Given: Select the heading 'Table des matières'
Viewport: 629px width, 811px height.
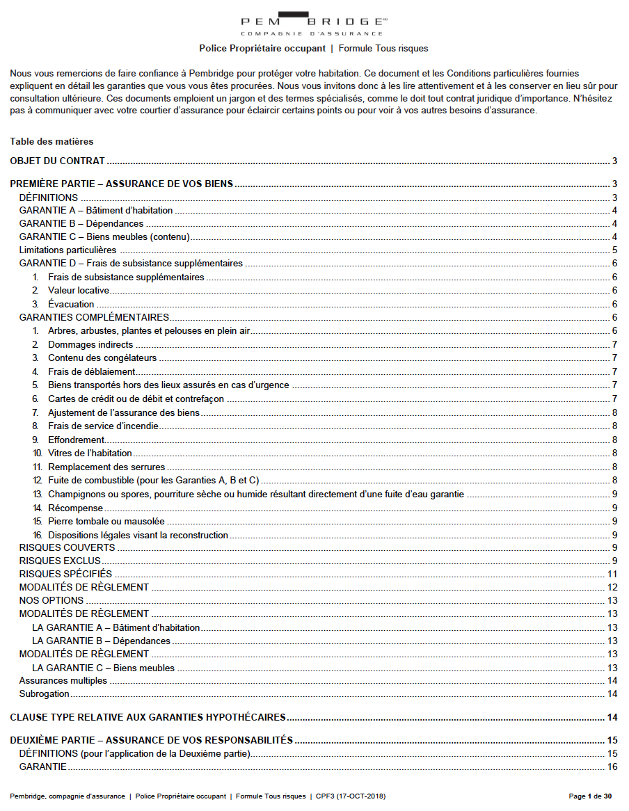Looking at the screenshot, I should point(51,141).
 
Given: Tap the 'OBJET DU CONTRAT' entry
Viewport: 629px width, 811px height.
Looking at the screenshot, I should point(57,161).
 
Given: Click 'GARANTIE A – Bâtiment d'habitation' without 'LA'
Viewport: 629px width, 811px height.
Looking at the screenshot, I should point(96,211).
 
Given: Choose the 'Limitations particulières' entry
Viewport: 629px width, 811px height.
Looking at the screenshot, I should point(67,250).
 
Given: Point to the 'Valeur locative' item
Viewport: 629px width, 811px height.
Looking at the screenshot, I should point(79,291).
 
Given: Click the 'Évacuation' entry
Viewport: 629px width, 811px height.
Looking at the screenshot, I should point(71,304).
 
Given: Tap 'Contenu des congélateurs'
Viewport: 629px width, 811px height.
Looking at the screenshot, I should point(102,358).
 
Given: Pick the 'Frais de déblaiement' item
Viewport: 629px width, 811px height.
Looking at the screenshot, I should point(91,371).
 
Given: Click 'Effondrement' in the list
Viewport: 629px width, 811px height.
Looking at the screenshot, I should point(76,440).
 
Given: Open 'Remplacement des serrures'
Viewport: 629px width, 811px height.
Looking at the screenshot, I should point(106,467).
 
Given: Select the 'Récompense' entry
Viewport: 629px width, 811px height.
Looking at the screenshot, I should point(75,508).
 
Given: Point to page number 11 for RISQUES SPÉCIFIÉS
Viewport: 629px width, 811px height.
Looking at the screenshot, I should point(612,575).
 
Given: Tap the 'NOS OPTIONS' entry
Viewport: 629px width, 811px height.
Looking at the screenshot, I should point(51,601).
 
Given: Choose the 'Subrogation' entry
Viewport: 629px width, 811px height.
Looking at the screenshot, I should point(45,694).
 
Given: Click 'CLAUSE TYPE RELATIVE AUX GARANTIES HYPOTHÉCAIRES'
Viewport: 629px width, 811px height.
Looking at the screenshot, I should point(148,718).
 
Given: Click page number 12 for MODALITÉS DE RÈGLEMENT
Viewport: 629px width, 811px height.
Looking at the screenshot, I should point(612,588).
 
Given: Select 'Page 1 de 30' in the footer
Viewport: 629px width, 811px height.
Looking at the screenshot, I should point(590,796).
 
